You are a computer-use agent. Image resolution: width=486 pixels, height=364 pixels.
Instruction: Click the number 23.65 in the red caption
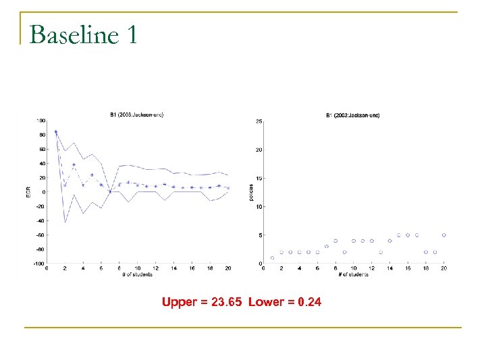[227, 302]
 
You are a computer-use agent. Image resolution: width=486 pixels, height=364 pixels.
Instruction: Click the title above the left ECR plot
[136, 115]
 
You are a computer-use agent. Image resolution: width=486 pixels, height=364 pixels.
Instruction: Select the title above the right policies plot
[353, 115]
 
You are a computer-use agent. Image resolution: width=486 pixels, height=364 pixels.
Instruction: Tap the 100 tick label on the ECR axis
[41, 121]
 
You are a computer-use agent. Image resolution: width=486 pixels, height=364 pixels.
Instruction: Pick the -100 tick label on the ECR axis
[40, 264]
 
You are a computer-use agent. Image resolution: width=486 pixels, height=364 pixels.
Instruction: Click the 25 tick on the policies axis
[259, 121]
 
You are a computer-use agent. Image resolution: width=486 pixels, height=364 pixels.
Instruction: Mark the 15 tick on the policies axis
[259, 179]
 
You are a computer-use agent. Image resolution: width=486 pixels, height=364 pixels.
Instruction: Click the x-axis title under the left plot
[137, 274]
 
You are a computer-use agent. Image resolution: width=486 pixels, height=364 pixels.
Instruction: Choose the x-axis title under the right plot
[353, 274]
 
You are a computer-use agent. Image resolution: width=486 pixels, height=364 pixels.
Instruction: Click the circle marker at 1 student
[272, 257]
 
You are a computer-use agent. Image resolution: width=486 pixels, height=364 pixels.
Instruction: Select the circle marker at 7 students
[327, 246]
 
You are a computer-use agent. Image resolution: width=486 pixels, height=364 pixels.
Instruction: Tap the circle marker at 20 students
[443, 235]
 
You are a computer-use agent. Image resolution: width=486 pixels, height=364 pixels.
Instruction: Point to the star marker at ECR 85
[55, 131]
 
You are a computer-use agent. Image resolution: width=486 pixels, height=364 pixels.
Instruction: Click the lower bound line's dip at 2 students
[65, 222]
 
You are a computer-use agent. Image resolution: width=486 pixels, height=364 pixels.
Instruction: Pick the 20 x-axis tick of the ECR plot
[228, 268]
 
